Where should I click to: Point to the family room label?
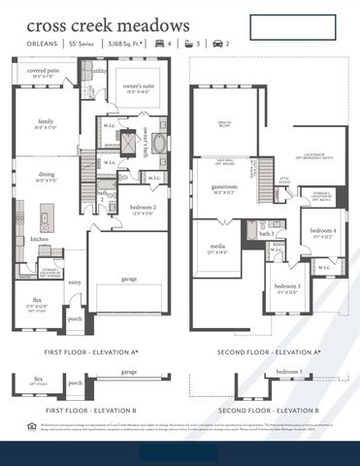pyautogui.click(x=46, y=122)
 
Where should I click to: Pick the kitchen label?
pyautogui.click(x=39, y=238)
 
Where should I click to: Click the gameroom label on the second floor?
pyautogui.click(x=225, y=186)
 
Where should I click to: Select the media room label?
pyautogui.click(x=218, y=248)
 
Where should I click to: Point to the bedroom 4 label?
pyautogui.click(x=323, y=231)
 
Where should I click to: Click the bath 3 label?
pyautogui.click(x=265, y=234)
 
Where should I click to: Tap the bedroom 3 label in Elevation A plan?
pyautogui.click(x=286, y=287)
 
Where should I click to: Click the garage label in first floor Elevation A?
pyautogui.click(x=129, y=278)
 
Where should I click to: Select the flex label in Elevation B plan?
pyautogui.click(x=39, y=380)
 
